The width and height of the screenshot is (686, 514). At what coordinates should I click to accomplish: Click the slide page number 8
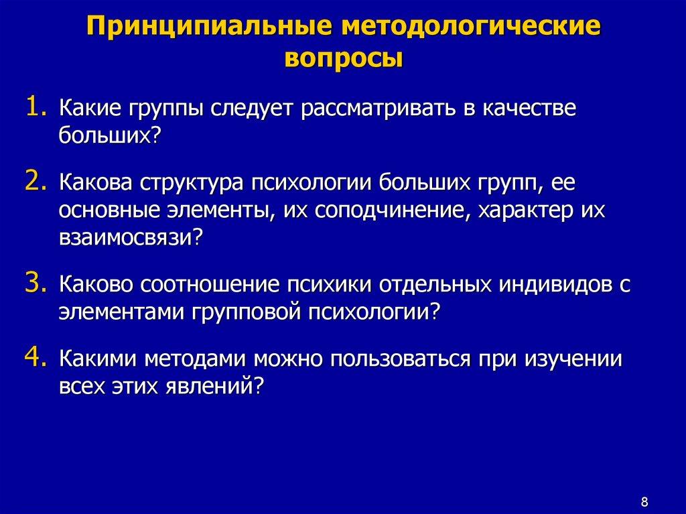[x=644, y=502]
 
